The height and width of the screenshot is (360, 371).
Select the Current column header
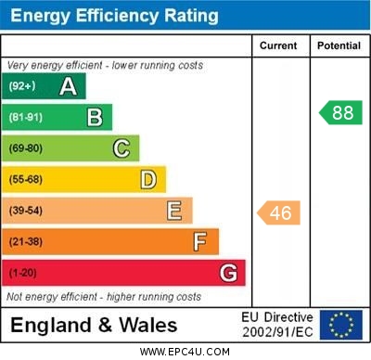[278, 45]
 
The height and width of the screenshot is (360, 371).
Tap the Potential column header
[339, 45]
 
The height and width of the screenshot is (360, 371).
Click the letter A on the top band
[68, 87]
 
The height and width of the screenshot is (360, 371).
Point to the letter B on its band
[95, 118]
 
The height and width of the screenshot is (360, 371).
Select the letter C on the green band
[122, 148]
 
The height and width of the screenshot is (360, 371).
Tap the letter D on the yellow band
[148, 179]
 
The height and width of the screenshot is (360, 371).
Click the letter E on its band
[174, 211]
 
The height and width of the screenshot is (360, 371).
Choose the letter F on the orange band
[200, 242]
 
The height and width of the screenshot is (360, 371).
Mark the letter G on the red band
[228, 273]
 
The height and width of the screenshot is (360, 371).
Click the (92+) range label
[21, 87]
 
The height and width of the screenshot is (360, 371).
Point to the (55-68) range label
[26, 180]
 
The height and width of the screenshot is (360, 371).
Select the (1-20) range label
[23, 274]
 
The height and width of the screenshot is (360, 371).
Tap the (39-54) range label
[26, 212]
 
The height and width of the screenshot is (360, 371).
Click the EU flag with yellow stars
[341, 325]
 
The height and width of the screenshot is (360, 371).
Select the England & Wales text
[94, 326]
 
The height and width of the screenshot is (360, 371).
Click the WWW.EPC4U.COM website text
[185, 352]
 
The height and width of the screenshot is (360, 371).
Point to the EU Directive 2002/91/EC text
[278, 325]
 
